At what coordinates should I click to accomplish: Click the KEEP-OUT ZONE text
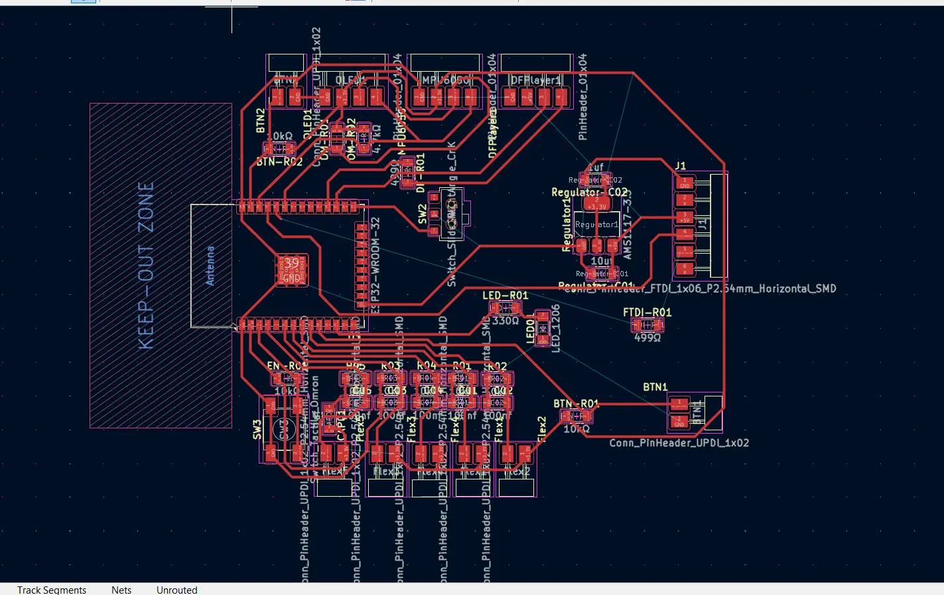coord(147,266)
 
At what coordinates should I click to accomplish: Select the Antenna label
coord(210,266)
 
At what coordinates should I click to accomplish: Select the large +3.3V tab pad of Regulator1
coord(596,203)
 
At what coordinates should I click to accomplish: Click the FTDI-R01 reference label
coord(647,312)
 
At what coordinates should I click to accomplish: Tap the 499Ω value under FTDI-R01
coord(647,337)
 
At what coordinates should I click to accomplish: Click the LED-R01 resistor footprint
coord(505,307)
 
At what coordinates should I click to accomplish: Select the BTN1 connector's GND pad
coord(679,421)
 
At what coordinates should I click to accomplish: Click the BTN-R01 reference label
coord(576,404)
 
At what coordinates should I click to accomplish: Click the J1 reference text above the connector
coord(681,165)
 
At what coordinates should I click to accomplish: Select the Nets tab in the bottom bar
coord(121,590)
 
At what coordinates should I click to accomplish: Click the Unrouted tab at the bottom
coord(176,590)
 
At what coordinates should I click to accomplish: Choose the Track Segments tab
coord(52,590)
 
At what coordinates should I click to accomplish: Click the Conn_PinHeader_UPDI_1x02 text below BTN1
coord(679,442)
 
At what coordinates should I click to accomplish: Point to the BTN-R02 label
coord(279,161)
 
